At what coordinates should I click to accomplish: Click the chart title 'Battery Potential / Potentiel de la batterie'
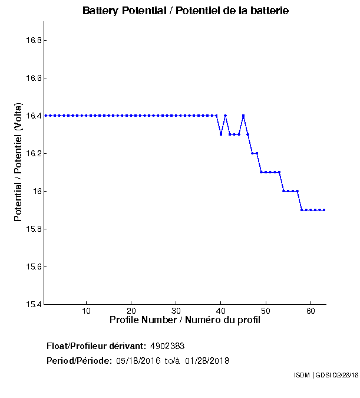coord(186,11)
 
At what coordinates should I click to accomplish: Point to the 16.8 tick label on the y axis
coord(32,40)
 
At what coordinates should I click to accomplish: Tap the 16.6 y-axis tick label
coord(32,78)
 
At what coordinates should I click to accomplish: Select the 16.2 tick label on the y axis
coord(32,153)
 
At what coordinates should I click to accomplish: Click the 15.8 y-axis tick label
coord(32,229)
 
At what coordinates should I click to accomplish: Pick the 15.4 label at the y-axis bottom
coord(32,304)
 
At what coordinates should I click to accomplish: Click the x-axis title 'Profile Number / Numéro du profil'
coord(185,321)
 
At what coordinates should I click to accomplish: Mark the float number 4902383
coord(171,346)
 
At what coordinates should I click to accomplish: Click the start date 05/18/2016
coord(139,361)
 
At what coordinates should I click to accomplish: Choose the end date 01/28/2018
coord(207,361)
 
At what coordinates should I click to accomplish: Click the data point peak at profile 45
coord(243,116)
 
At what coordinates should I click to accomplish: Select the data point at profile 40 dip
coord(221,134)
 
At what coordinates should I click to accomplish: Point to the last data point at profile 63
coord(324,210)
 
